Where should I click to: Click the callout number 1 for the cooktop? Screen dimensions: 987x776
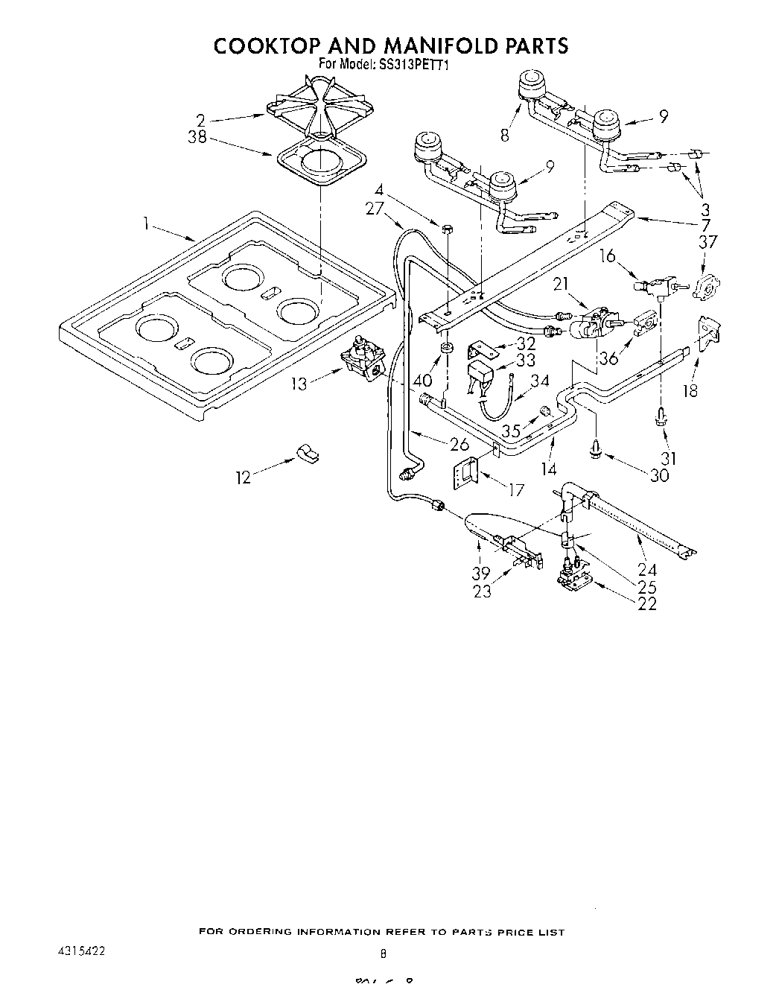(147, 221)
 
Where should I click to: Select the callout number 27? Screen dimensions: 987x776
(375, 209)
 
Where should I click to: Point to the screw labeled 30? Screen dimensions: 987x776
(596, 447)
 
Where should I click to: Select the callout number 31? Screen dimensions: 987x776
(669, 457)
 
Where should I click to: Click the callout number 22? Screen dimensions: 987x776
(646, 603)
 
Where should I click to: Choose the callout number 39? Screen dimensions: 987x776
(481, 572)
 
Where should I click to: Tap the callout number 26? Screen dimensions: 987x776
(459, 445)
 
